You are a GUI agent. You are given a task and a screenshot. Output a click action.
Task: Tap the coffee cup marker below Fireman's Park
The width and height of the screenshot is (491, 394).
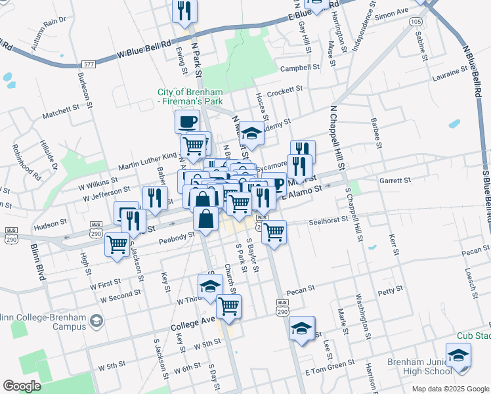click(x=187, y=121)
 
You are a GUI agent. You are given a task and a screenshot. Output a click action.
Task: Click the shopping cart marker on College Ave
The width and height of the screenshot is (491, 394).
click(x=228, y=307)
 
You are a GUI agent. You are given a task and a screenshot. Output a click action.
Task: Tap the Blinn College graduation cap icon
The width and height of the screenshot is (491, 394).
click(x=97, y=320)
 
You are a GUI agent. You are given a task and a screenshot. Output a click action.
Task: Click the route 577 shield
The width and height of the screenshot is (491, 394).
click(x=89, y=64)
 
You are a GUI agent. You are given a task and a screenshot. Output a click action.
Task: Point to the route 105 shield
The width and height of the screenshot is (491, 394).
click(x=415, y=22)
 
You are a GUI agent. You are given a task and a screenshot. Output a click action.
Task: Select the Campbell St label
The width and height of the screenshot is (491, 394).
click(x=299, y=68)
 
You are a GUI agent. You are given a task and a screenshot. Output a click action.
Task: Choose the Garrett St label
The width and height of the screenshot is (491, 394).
click(x=396, y=180)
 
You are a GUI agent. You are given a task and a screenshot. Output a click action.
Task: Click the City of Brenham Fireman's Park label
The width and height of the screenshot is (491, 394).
click(x=190, y=96)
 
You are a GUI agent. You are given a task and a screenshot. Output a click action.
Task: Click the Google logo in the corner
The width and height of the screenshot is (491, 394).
click(x=22, y=385)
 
